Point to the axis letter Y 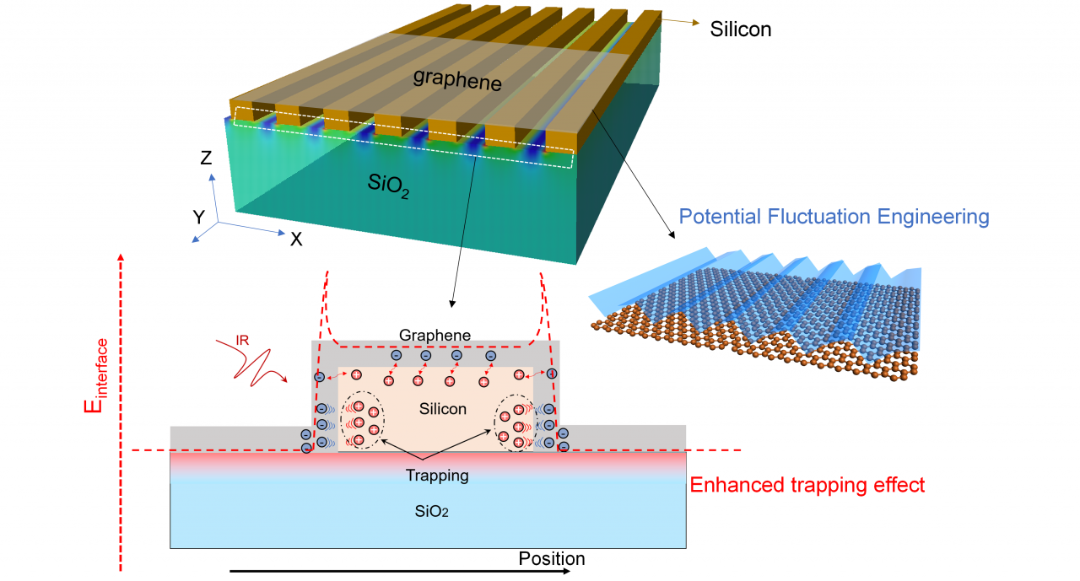pos(199,218)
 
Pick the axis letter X pos(296,239)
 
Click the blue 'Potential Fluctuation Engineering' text pos(834,217)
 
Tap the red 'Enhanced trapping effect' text pos(807,485)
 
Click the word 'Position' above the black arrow pos(551,558)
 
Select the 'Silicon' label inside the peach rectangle pos(442,409)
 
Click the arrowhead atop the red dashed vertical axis pos(123,257)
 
